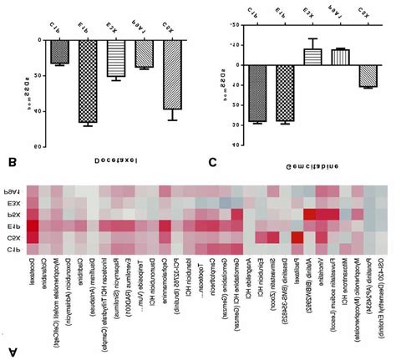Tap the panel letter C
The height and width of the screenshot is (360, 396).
tap(214, 162)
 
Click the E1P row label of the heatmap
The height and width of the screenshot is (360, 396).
tap(12, 226)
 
